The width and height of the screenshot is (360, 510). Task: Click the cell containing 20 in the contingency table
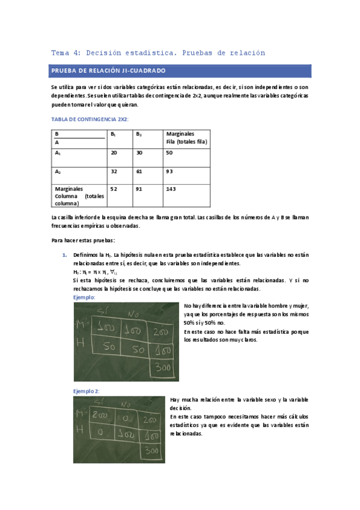[114, 153]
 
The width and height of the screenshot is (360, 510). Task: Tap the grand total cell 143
[171, 189]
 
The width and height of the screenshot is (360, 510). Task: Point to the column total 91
[139, 189]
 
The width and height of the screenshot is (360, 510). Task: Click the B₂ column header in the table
[139, 134]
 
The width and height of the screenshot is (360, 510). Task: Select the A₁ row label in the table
[58, 153]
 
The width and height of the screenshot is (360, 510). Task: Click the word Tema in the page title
[61, 53]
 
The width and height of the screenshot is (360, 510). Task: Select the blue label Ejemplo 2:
[86, 390]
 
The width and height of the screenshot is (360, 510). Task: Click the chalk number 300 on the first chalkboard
[160, 366]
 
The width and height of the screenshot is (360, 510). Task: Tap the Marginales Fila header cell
[186, 138]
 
